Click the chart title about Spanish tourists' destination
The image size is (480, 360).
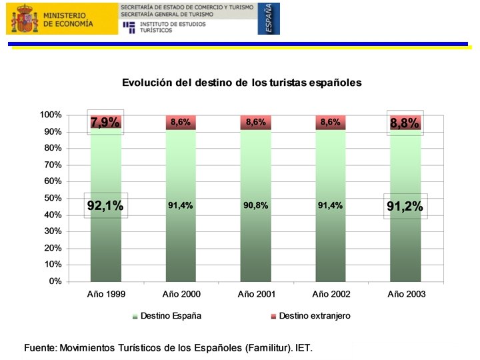242,83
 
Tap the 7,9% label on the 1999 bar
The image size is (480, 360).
105,123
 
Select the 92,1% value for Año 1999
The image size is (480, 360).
105,205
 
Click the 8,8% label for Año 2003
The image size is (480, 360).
405,123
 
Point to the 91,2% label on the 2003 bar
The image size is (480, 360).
405,206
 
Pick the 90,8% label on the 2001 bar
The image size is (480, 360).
255,205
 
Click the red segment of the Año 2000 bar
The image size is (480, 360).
181,123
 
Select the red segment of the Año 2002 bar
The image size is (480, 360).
331,123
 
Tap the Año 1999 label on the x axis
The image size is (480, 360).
106,294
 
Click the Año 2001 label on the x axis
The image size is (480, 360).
257,294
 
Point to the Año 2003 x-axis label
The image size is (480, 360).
407,294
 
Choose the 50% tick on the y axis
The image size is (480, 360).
53,198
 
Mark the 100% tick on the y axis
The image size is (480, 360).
51,115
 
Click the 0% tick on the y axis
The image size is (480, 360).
55,281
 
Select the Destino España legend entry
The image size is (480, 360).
167,316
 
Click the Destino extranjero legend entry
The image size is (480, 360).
311,316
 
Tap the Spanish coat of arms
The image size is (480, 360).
25,19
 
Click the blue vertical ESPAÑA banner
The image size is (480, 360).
269,19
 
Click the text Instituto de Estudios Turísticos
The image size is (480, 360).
173,27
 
